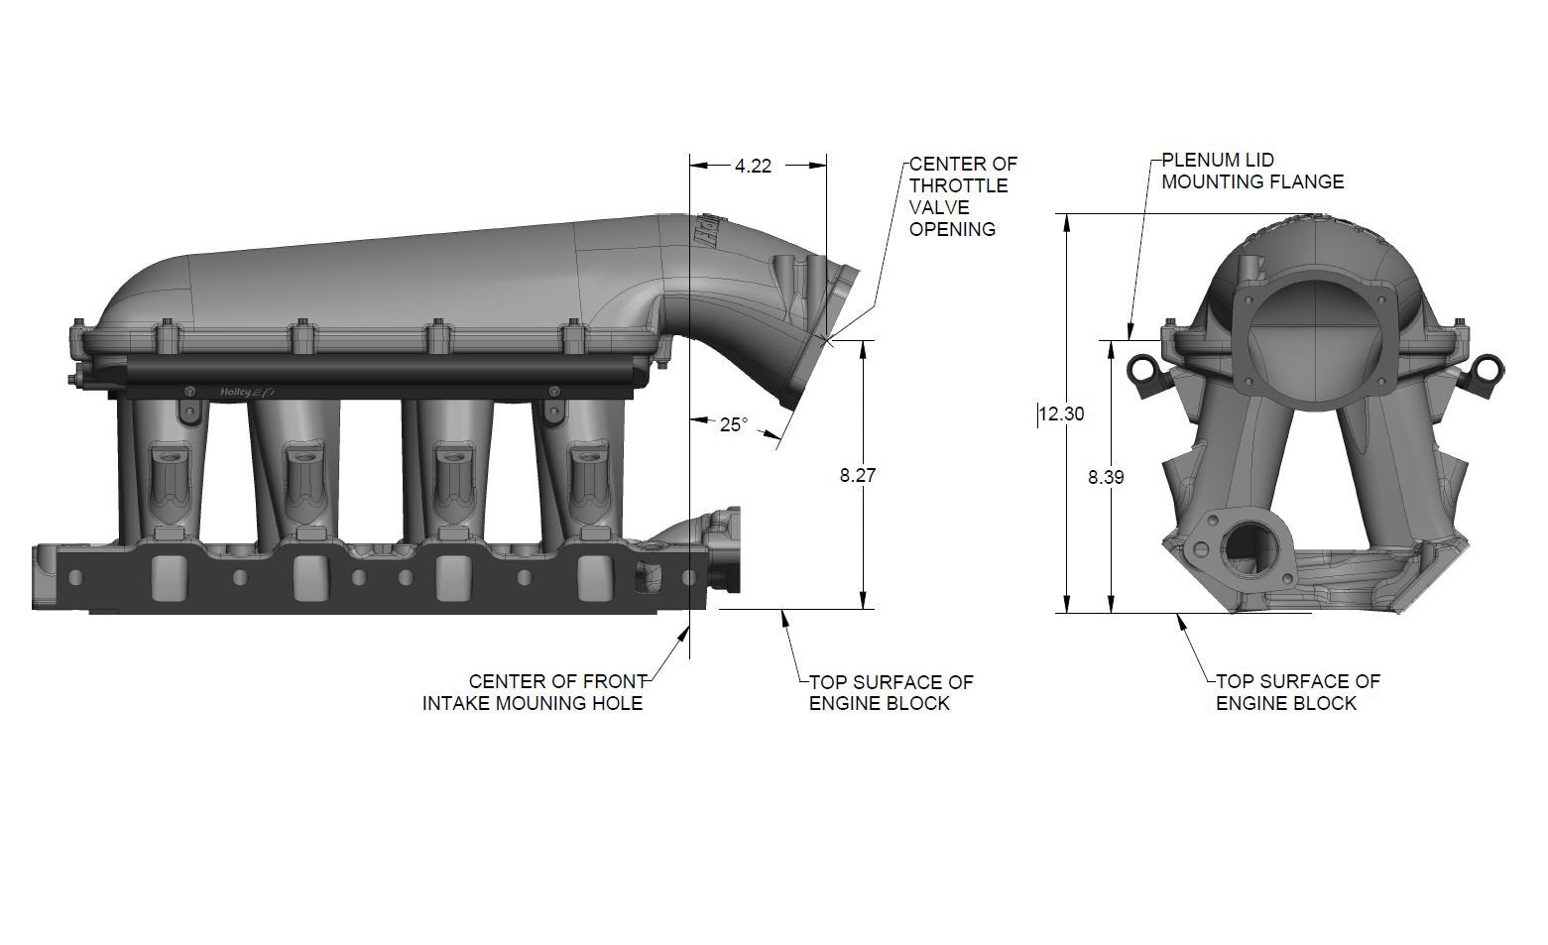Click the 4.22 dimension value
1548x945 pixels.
[x=753, y=167]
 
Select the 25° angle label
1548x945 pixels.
[x=734, y=424]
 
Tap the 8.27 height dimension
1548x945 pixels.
[x=858, y=475]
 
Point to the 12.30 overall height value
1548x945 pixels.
[x=1061, y=413]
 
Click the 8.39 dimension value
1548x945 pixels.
[x=1106, y=477]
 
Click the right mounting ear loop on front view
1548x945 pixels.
[x=1487, y=369]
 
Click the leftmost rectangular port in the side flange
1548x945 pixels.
[x=169, y=575]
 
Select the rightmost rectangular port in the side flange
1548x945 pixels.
[x=595, y=575]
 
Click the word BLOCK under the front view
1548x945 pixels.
[x=1328, y=703]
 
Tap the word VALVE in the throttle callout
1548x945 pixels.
[x=939, y=207]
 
